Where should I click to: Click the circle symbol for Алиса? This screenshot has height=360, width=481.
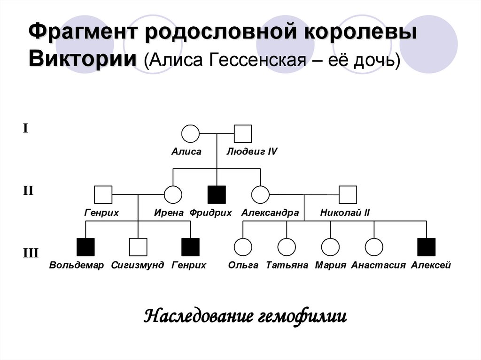pos(190,133)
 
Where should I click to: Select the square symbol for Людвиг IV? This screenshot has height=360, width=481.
pos(243,133)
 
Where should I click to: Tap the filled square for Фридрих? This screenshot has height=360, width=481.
pos(217,194)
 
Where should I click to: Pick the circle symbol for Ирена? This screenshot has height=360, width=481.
pos(173,194)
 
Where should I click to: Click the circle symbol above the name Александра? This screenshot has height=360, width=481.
pos(260,194)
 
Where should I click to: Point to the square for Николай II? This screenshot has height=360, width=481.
pos(348,194)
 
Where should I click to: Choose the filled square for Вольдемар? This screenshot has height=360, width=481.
pos(85,247)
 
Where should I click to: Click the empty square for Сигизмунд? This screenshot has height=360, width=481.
pos(138,247)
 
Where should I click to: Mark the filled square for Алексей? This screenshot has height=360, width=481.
pos(427,247)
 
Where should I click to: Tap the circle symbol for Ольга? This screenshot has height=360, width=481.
pos(243,247)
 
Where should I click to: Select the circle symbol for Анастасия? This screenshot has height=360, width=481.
pos(374,247)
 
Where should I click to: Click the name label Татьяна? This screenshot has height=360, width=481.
pos(287,265)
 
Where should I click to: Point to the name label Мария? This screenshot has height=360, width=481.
pos(331,265)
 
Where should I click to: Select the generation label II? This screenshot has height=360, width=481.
pos(28,191)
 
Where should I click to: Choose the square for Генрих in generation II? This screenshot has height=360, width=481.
pos(103,194)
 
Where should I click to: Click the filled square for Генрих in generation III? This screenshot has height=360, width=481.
pos(190,247)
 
